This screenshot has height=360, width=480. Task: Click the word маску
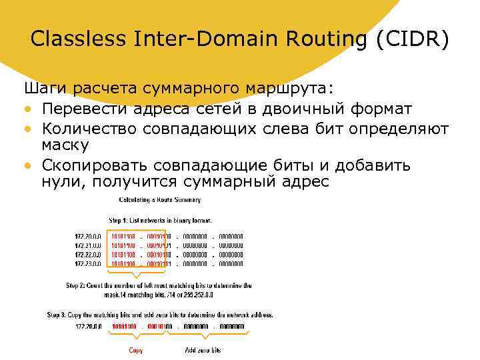pos(65,145)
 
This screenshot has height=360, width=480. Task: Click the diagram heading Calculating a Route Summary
pos(160,199)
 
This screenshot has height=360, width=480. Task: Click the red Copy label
pos(136,350)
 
